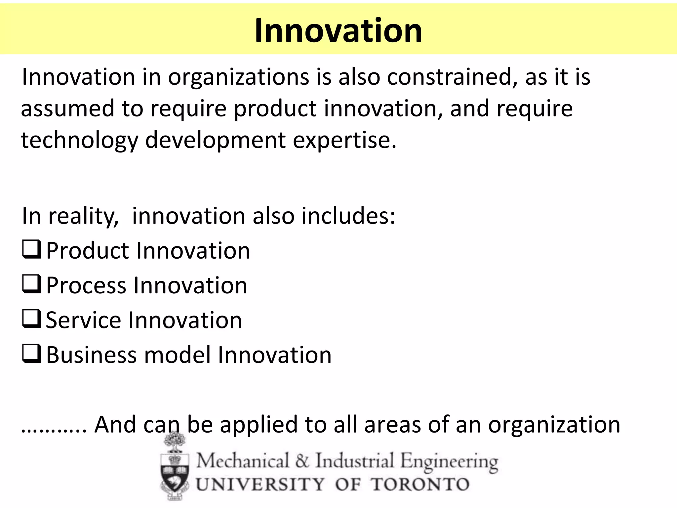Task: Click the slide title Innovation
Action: (338, 30)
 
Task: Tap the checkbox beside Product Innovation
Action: (32, 250)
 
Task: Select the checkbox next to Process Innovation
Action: (32, 284)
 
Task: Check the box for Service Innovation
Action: (32, 319)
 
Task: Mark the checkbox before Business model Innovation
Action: (32, 354)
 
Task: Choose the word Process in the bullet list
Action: (86, 285)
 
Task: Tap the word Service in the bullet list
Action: (84, 320)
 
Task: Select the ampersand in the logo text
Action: (302, 460)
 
